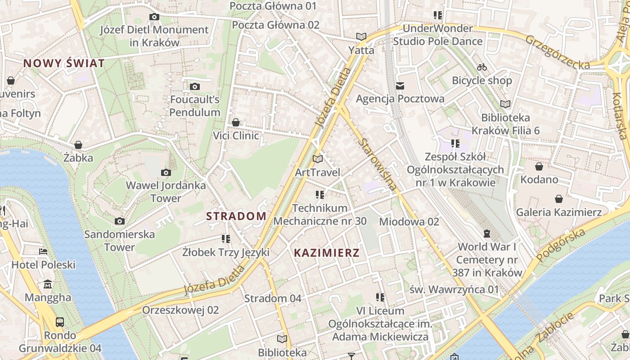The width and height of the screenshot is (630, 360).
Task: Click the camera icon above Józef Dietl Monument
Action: (154, 17)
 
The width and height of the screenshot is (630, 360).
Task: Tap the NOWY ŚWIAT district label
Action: (64, 63)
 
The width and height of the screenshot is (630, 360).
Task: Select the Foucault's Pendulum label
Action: (195, 106)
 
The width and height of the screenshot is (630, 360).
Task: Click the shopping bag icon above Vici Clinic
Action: (235, 122)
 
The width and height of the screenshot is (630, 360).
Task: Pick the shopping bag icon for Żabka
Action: (78, 145)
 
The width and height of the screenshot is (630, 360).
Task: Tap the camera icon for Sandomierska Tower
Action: (119, 221)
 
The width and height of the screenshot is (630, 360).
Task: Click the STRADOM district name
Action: (236, 216)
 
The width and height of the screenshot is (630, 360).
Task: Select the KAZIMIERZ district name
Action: (327, 253)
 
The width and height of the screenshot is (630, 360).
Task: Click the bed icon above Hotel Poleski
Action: (43, 251)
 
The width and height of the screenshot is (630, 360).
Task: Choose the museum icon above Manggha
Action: (48, 284)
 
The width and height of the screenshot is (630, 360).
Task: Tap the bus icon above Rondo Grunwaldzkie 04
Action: (59, 322)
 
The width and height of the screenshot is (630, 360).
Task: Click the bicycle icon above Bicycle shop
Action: (482, 67)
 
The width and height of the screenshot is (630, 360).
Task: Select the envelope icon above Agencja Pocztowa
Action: (400, 85)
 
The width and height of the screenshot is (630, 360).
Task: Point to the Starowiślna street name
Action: (378, 164)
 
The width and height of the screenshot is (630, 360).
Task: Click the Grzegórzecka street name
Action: (558, 52)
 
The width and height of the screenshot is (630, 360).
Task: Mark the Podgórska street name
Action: (561, 244)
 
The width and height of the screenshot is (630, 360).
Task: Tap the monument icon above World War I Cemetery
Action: (486, 233)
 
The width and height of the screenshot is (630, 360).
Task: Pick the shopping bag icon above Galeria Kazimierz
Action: (558, 199)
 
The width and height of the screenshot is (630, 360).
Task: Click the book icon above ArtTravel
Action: (318, 159)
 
